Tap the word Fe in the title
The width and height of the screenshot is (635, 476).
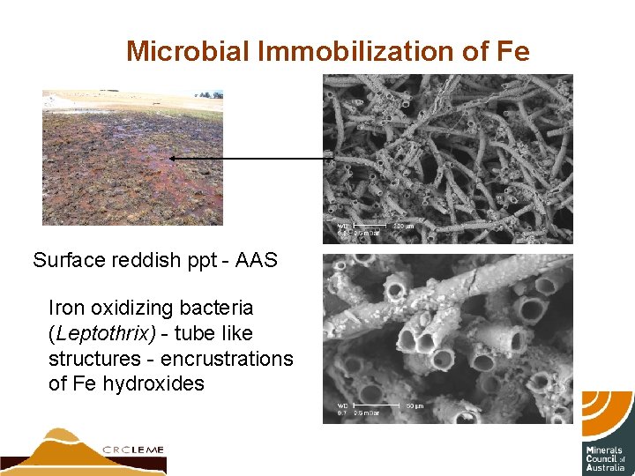[x=513, y=51]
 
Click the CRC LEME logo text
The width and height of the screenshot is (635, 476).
[x=132, y=450]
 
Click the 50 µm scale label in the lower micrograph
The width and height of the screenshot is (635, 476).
[x=415, y=405]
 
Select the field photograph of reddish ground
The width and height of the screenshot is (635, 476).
[x=132, y=157]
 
